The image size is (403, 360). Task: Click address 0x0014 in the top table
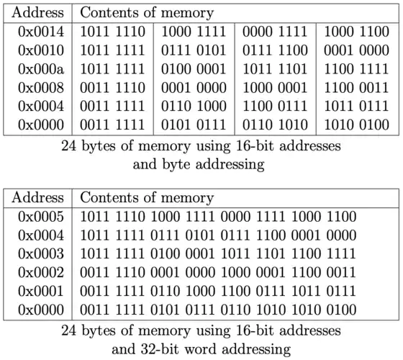[x=41, y=32]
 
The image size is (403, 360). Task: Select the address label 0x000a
[x=41, y=69]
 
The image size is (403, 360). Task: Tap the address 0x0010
[x=41, y=50]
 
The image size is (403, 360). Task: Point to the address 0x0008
[x=41, y=88]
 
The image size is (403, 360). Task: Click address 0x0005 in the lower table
[x=41, y=217]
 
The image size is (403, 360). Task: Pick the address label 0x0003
[x=41, y=253]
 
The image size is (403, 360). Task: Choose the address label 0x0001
[x=41, y=291]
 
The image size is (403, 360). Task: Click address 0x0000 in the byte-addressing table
[x=41, y=125]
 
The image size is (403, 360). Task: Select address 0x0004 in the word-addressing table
[x=41, y=235]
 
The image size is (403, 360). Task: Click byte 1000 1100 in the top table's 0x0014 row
[x=356, y=32]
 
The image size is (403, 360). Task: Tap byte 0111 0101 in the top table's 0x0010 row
[x=194, y=50]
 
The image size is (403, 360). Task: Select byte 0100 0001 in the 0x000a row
[x=194, y=69]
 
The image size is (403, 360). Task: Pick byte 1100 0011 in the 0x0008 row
[x=356, y=88]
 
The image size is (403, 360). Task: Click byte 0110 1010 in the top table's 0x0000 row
[x=275, y=125]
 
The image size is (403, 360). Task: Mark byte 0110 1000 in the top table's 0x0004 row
[x=194, y=107]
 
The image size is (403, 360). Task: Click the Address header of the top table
[x=37, y=12]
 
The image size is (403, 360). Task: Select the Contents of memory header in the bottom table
[x=147, y=198]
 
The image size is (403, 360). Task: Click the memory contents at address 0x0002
[x=218, y=273]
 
